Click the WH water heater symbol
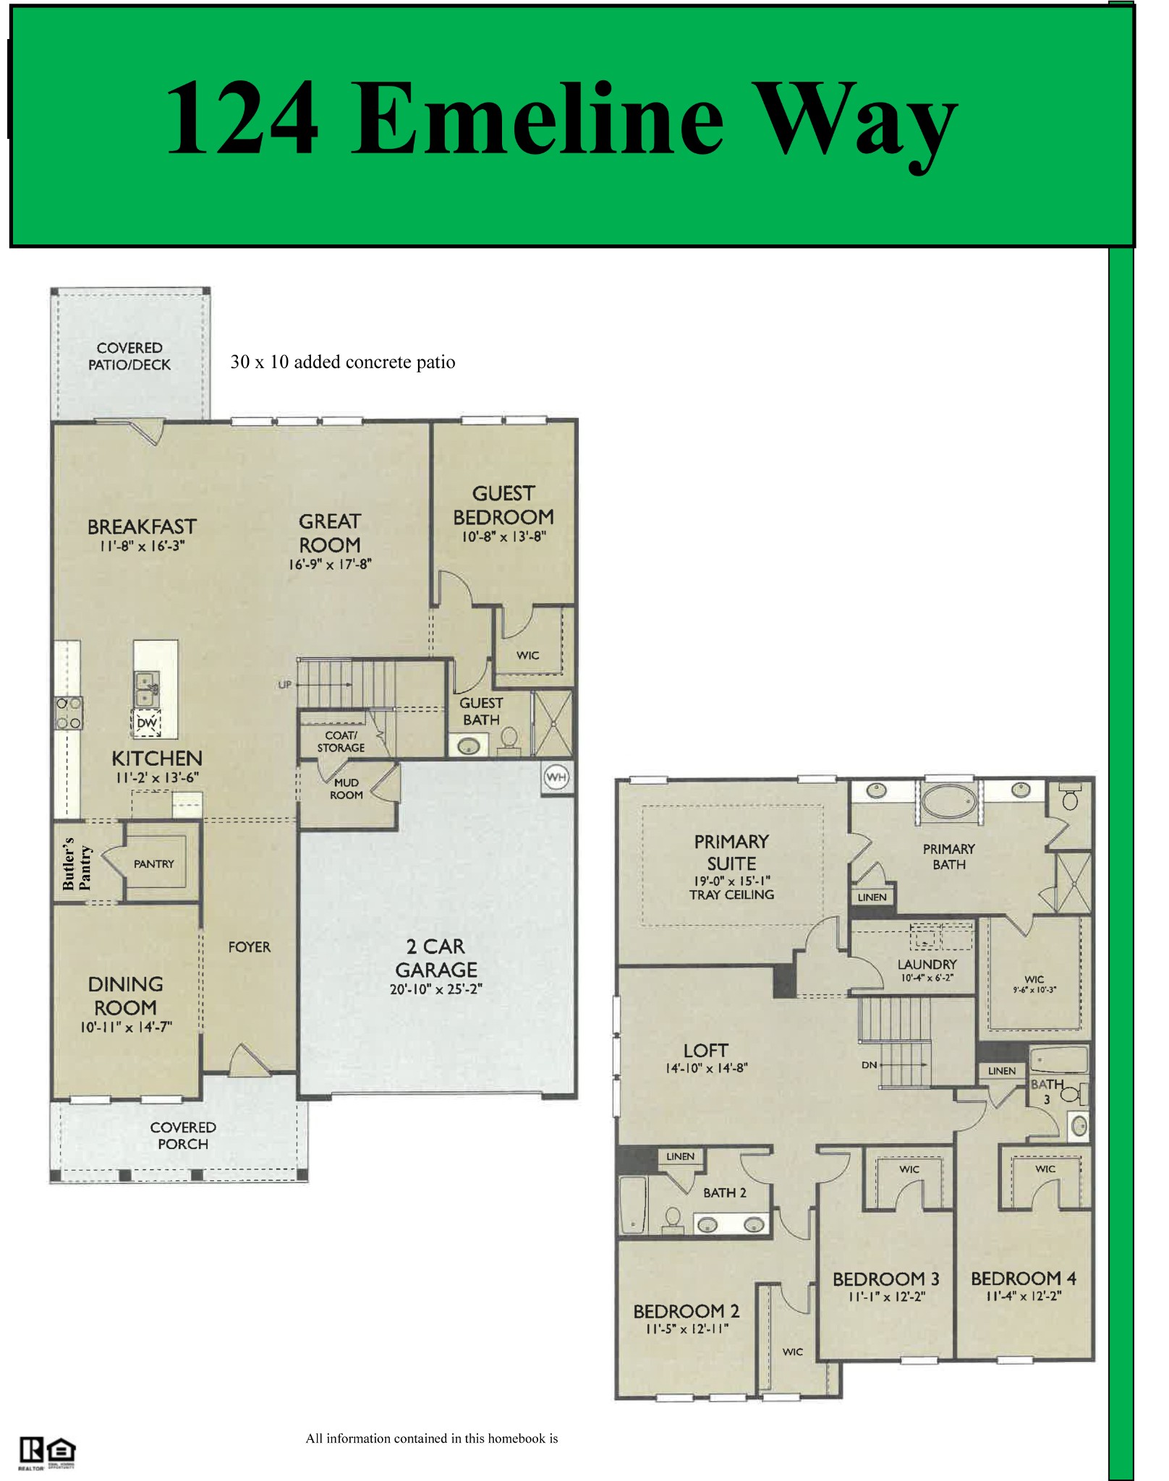(556, 777)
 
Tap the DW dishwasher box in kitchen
(147, 722)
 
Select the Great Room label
(330, 533)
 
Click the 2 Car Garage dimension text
(436, 989)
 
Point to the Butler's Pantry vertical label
(77, 864)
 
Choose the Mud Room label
(347, 789)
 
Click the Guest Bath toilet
(509, 740)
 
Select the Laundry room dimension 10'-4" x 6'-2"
(927, 978)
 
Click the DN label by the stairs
(870, 1065)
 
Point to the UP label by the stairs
(285, 684)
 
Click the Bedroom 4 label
(1024, 1279)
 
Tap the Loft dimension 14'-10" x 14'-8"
(707, 1068)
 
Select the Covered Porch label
(183, 1135)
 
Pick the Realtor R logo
(31, 1450)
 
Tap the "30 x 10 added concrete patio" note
(343, 362)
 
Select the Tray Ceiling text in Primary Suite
(731, 895)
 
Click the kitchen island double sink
(147, 689)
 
